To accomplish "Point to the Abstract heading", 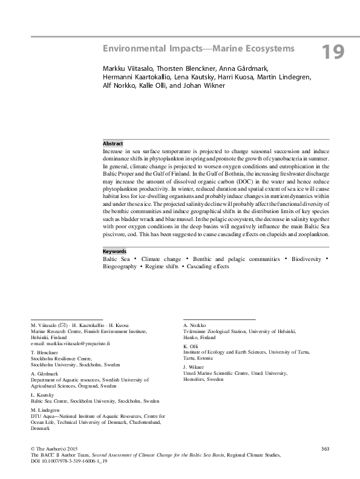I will point(113,144).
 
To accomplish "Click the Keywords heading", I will point(114,251).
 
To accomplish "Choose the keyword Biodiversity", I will point(308,259).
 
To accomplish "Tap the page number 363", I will point(324,448).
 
